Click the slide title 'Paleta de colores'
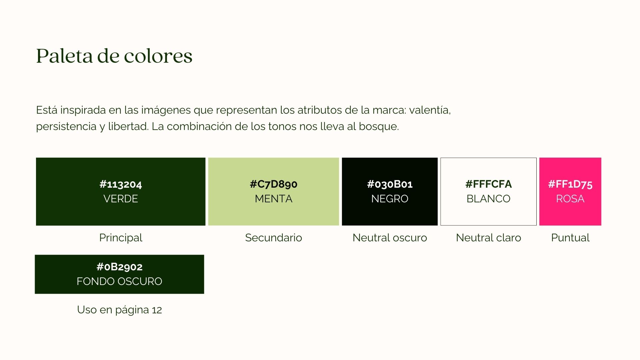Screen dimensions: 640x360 (x=114, y=56)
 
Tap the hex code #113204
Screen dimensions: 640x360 (x=121, y=184)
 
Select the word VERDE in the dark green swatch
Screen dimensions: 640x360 (x=121, y=199)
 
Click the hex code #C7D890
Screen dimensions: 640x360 (x=274, y=184)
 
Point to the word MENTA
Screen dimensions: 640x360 (x=274, y=199)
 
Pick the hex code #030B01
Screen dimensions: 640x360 (x=390, y=184)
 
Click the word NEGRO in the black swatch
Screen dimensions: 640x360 (x=390, y=199)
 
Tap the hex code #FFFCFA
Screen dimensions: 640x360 (x=489, y=184)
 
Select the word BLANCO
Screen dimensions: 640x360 (x=489, y=199)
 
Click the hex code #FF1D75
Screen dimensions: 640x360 (x=570, y=184)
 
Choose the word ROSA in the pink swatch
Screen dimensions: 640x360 (x=570, y=199)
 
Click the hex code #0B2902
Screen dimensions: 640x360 (x=119, y=267)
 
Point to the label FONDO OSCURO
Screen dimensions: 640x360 (x=119, y=281)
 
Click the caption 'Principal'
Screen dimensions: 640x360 (x=121, y=238)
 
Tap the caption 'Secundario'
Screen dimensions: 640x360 (x=274, y=238)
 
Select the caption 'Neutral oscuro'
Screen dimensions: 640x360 (x=390, y=238)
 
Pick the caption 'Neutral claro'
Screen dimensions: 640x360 (x=489, y=238)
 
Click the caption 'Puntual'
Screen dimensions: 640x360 (x=570, y=238)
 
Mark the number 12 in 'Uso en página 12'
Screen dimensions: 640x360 (x=157, y=310)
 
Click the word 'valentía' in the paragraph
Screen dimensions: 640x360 (x=430, y=110)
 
